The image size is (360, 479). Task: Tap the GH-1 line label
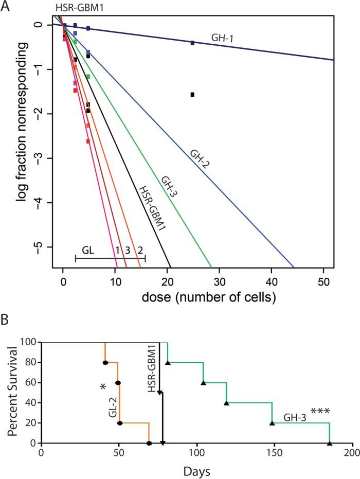pyautogui.click(x=222, y=38)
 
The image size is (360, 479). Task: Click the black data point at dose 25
pyautogui.click(x=192, y=95)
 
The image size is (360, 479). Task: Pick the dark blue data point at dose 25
pyautogui.click(x=192, y=43)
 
